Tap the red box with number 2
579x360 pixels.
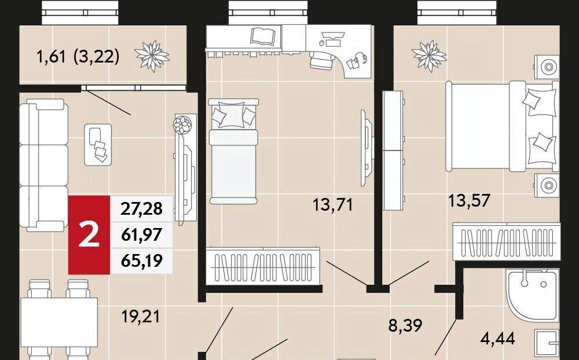point(89,235)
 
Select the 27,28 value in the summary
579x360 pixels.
point(141,208)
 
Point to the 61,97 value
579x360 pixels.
point(141,234)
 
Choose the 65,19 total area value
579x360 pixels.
point(141,260)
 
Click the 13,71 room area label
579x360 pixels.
point(333,204)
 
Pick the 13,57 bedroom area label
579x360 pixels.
point(469,200)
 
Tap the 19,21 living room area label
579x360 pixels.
point(141,317)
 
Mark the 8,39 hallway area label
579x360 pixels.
point(405,325)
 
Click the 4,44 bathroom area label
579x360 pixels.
point(498,338)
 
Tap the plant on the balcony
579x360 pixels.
point(152,56)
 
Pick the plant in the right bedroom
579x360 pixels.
point(429,56)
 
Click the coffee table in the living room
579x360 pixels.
point(98,144)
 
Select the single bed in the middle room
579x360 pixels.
point(233,151)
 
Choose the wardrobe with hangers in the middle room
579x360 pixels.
point(263,266)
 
